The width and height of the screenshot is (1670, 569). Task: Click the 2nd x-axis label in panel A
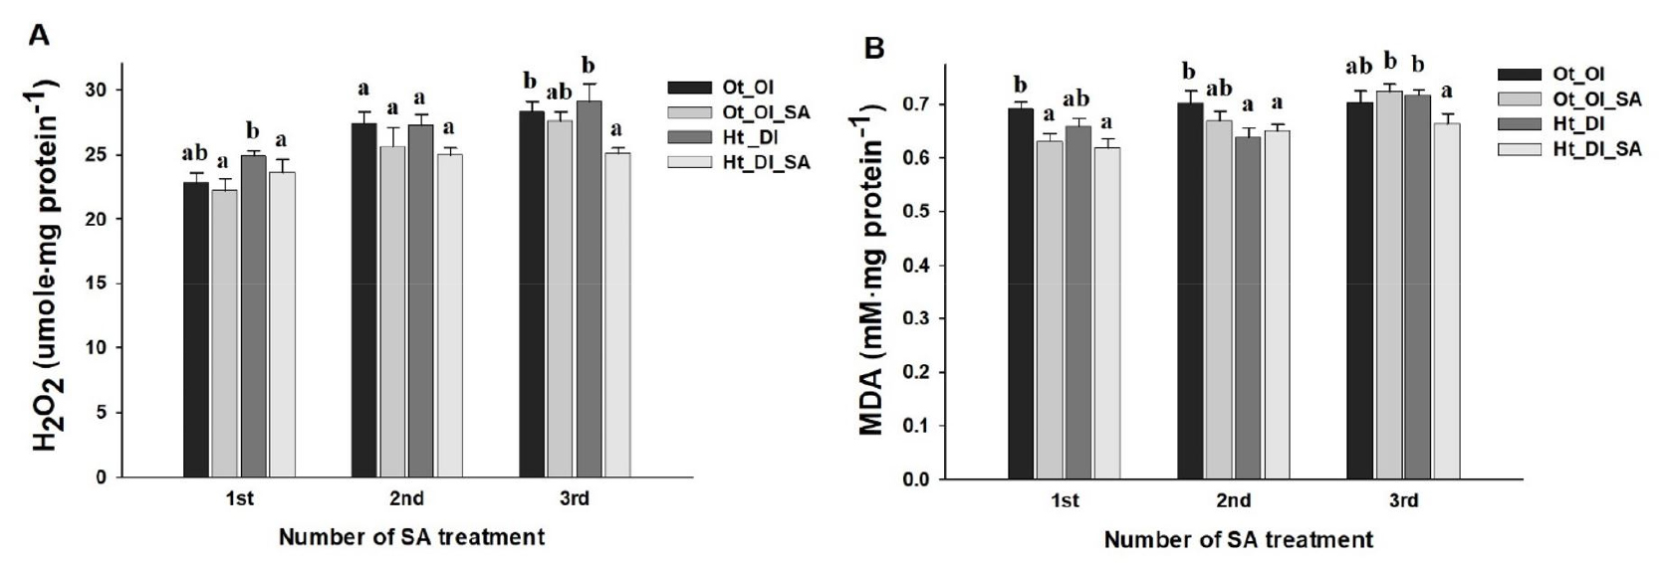407,499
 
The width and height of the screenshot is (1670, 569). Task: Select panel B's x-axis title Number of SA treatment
1239,541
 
